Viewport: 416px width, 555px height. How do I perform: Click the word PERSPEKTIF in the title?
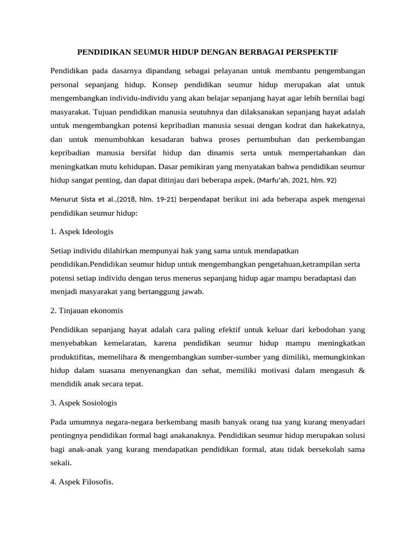(311, 52)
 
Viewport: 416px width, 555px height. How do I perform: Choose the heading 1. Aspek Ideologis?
(82, 231)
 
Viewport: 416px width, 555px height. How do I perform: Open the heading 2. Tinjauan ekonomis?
(87, 311)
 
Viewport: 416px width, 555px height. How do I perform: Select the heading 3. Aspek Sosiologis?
(83, 403)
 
